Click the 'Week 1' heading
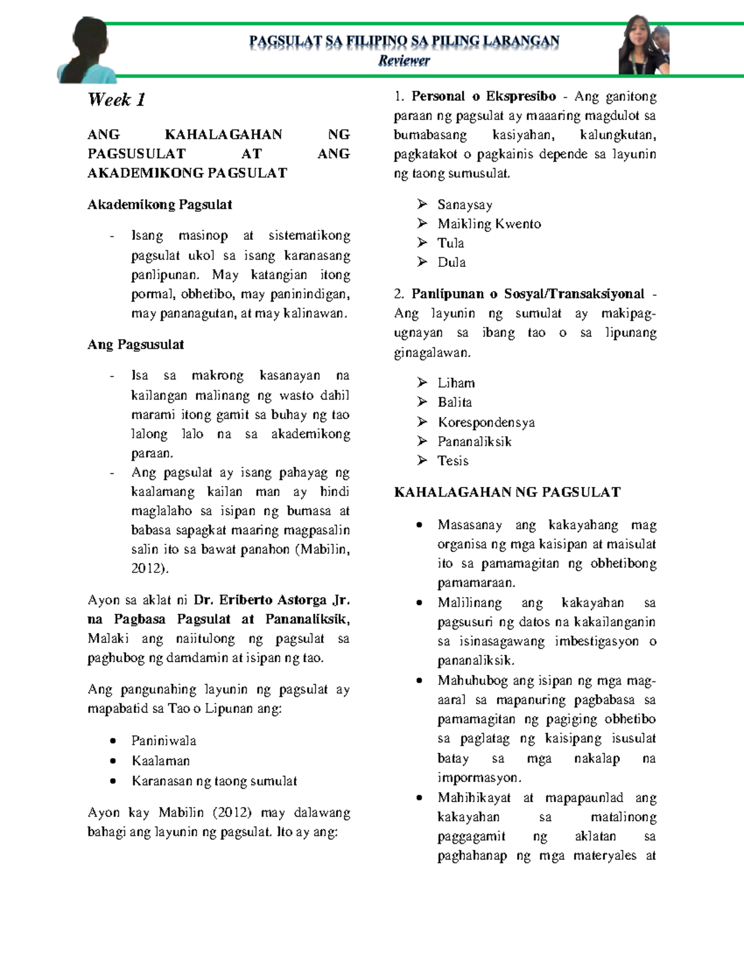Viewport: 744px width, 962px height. pyautogui.click(x=117, y=100)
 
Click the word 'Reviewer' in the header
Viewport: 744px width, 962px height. pyautogui.click(x=404, y=61)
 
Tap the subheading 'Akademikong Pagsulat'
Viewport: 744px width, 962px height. pyautogui.click(x=160, y=204)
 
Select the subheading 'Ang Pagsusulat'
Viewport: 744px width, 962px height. pyautogui.click(x=136, y=344)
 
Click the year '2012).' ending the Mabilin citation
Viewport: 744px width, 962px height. pyautogui.click(x=149, y=568)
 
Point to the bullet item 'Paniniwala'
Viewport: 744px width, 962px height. pyautogui.click(x=164, y=741)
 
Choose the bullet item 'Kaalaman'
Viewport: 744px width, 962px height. pyautogui.click(x=161, y=761)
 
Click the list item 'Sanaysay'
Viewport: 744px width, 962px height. pyautogui.click(x=464, y=205)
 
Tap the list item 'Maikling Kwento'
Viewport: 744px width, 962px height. pyautogui.click(x=489, y=224)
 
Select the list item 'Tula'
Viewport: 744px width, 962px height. pyautogui.click(x=451, y=243)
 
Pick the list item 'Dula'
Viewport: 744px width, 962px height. pyautogui.click(x=451, y=263)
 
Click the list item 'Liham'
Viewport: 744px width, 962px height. pyautogui.click(x=456, y=383)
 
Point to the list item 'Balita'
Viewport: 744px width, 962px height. pyautogui.click(x=454, y=403)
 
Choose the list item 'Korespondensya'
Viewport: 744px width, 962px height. pyautogui.click(x=486, y=422)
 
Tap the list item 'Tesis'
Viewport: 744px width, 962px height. pyautogui.click(x=453, y=461)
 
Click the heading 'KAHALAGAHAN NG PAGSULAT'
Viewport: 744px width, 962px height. pyautogui.click(x=507, y=492)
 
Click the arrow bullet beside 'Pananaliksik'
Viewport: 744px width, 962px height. pyautogui.click(x=422, y=441)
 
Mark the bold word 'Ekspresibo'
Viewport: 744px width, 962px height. pyautogui.click(x=521, y=97)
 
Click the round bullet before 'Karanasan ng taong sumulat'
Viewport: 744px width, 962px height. pyautogui.click(x=113, y=781)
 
